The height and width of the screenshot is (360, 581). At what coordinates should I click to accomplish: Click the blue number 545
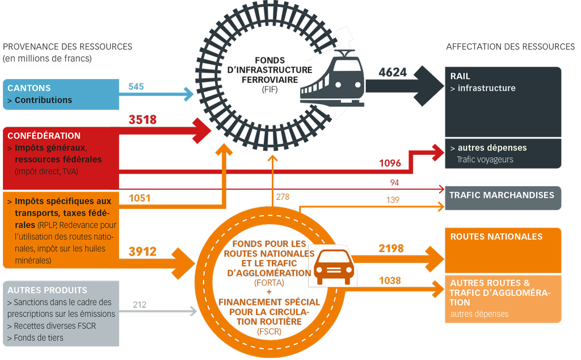coord(136,86)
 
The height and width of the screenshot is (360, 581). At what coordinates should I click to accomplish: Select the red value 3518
coord(142,120)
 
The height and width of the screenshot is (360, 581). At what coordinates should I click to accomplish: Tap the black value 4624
coord(393,72)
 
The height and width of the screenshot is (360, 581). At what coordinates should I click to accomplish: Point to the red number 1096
coord(390,163)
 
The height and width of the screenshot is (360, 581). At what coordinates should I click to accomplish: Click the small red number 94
coord(394,182)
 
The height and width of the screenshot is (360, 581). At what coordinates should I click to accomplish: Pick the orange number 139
coord(393,200)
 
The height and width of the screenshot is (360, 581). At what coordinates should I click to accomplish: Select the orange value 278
coord(283,197)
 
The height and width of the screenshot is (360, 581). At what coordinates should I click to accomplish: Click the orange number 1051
coord(140,198)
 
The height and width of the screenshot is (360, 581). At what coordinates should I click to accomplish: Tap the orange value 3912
coord(142,252)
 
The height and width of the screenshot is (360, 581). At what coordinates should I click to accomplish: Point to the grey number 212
coord(140,305)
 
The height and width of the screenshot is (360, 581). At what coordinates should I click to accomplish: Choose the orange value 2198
coord(391,248)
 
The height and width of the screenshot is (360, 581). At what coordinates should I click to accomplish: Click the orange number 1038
coord(390,281)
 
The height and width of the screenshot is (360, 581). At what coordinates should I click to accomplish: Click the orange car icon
coord(334,267)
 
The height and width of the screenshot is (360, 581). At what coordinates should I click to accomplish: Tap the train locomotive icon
coord(332,78)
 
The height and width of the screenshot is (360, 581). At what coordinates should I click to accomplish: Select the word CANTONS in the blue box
coord(29,88)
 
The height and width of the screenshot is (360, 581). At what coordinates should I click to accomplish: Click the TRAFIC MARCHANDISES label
coord(502,195)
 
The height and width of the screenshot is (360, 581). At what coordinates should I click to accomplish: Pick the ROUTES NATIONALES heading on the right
coord(496,237)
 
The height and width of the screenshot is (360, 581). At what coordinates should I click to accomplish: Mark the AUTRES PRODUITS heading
coord(47,290)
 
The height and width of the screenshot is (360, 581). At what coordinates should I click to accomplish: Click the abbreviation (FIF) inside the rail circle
coord(270,89)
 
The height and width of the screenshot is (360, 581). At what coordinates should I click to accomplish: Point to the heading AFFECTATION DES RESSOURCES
coord(511,47)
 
